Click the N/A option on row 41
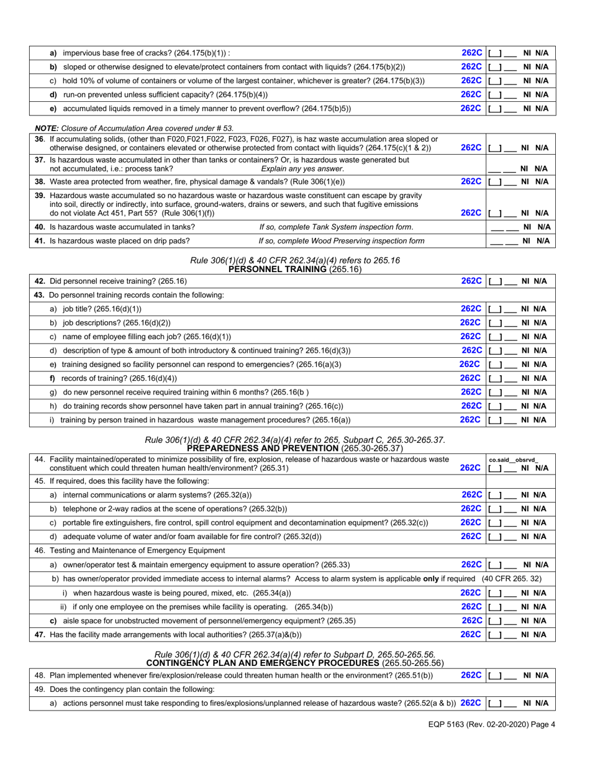(543, 240)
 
